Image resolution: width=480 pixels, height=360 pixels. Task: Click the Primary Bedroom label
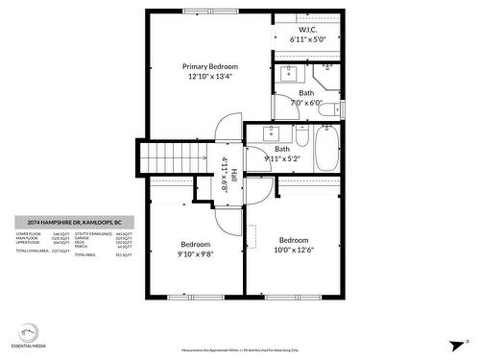pyautogui.click(x=210, y=66)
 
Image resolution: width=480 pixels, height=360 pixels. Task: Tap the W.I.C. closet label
pyautogui.click(x=308, y=30)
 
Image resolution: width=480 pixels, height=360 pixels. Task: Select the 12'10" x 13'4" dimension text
pyautogui.click(x=210, y=77)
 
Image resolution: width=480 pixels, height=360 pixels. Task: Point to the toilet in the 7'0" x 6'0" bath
pyautogui.click(x=329, y=110)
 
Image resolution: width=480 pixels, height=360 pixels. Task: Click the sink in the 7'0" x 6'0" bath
pyautogui.click(x=289, y=72)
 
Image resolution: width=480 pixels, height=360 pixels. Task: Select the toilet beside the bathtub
pyautogui.click(x=301, y=133)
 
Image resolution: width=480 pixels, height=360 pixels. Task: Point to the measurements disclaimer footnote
pyautogui.click(x=239, y=351)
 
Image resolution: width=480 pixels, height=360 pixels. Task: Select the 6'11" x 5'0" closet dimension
pyautogui.click(x=308, y=40)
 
